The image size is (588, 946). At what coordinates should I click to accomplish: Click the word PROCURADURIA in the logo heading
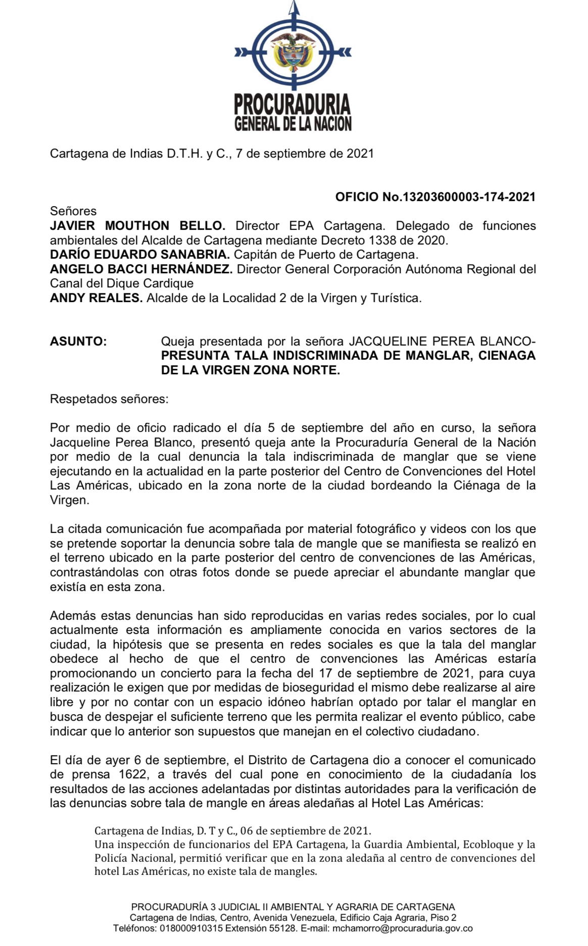(292, 104)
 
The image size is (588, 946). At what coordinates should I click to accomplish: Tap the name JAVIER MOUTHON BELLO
(137, 226)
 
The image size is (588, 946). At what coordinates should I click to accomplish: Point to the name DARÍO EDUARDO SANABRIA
(140, 255)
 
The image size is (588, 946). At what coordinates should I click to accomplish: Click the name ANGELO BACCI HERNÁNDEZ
(141, 269)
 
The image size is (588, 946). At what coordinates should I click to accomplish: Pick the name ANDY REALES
(96, 298)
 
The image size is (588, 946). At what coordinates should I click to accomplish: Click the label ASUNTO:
(78, 341)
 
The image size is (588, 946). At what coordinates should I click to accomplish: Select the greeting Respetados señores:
(109, 399)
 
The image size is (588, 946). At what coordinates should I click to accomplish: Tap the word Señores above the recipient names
(73, 211)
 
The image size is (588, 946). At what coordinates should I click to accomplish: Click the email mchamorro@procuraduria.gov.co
(403, 928)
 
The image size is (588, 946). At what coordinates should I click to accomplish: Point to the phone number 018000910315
(191, 928)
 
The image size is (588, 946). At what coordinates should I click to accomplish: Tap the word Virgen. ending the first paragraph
(70, 500)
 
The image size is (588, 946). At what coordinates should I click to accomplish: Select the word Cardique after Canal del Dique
(168, 283)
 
